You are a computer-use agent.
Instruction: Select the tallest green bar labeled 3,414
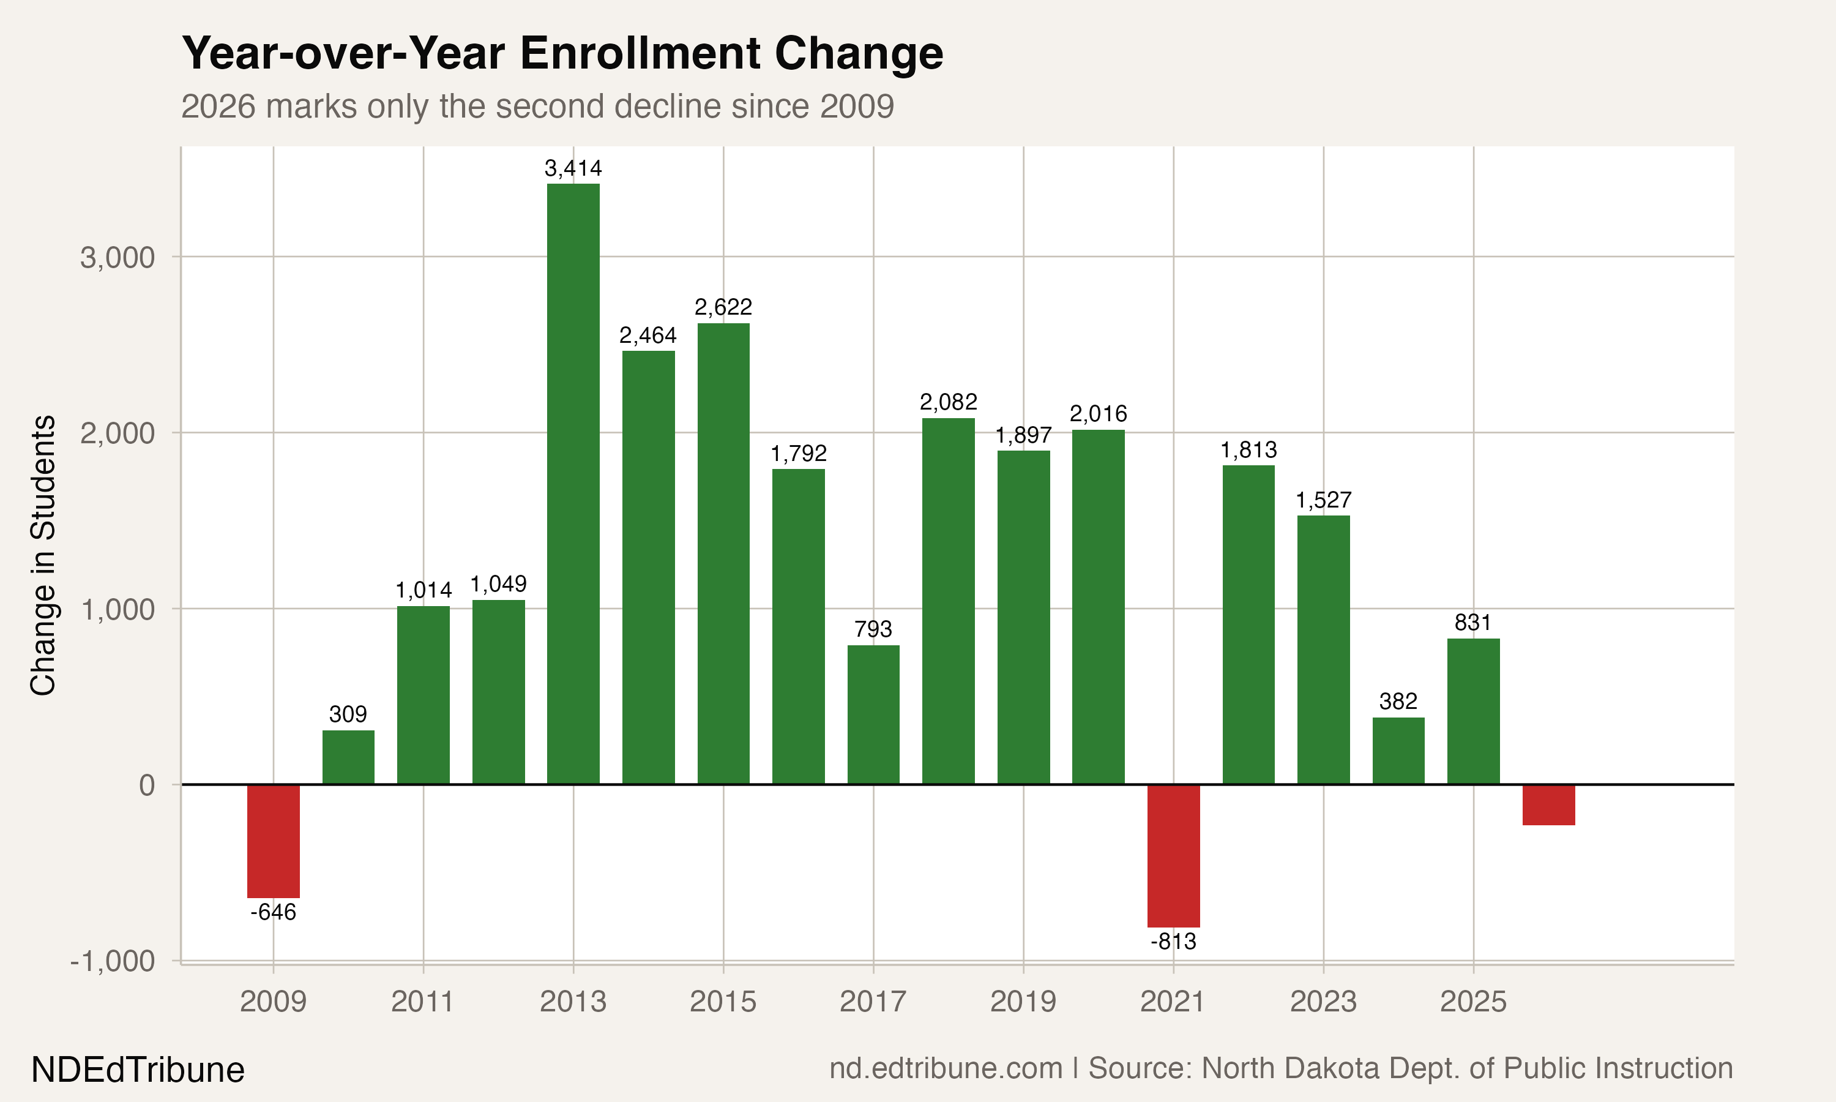pos(573,482)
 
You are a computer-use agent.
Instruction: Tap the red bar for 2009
pos(273,841)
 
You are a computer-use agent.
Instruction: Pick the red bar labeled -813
pos(1173,855)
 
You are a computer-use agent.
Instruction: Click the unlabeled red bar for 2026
pos(1548,804)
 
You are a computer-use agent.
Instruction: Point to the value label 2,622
pos(723,307)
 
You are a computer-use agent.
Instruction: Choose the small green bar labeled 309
pos(348,757)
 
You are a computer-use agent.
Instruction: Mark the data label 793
pos(873,629)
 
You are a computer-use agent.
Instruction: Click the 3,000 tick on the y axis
pos(118,258)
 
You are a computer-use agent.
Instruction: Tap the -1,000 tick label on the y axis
pos(112,961)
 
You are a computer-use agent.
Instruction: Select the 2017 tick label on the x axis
pos(873,1002)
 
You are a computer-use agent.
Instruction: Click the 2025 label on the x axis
pos(1473,1002)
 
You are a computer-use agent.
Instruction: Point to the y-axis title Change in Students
pos(43,555)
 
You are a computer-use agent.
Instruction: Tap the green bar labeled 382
pos(1398,750)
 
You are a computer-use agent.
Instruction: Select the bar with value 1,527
pos(1323,649)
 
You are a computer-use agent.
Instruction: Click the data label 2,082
pos(948,402)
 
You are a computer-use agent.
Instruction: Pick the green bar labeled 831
pos(1473,711)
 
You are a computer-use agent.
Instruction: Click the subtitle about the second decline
pos(537,106)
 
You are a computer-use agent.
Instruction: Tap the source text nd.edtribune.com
pos(946,1068)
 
